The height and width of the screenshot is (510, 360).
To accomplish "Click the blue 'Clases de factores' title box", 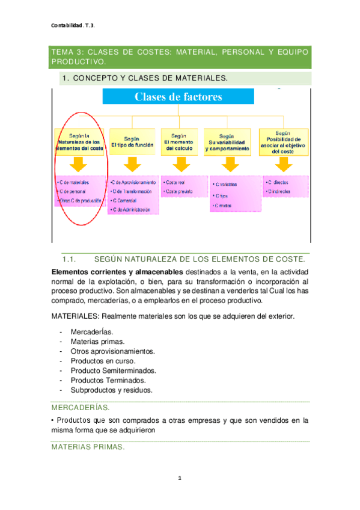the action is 178,97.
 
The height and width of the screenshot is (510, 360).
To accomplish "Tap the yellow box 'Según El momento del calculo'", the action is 181,143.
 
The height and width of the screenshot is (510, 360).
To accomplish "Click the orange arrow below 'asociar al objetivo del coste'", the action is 282,165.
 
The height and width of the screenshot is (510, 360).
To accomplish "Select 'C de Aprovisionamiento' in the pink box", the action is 134,182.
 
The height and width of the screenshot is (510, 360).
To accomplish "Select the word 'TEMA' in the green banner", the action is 63,53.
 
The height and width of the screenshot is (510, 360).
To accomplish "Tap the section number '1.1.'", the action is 70,259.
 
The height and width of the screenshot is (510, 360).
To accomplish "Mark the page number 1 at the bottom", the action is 180,478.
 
